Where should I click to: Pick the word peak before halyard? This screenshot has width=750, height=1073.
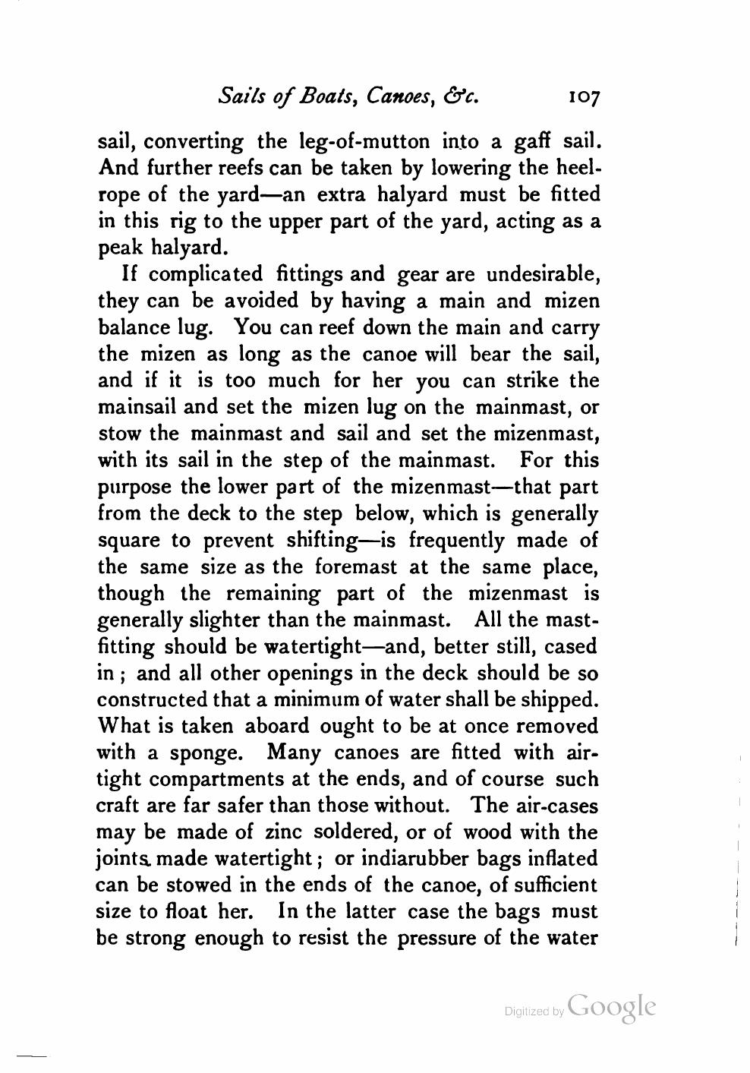pos(123,248)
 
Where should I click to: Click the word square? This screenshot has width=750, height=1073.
pos(130,541)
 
